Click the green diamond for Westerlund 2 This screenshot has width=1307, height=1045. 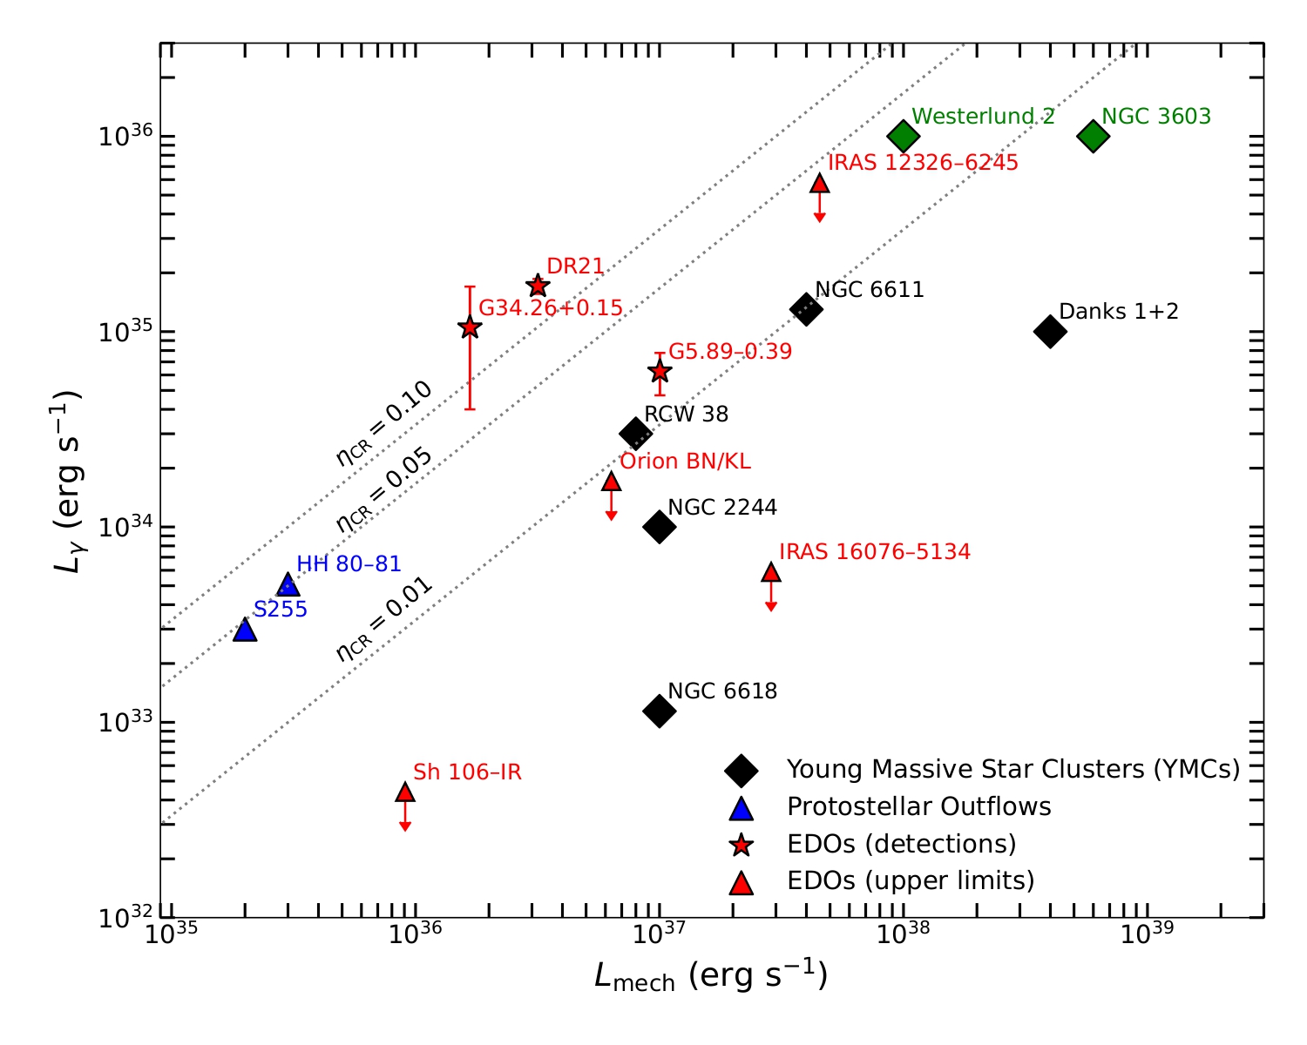(x=904, y=136)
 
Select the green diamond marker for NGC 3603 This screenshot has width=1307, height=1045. (x=1093, y=136)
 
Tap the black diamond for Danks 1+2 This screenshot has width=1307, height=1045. (x=1050, y=331)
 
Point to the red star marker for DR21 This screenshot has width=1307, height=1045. (x=538, y=286)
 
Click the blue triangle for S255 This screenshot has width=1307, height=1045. (x=245, y=630)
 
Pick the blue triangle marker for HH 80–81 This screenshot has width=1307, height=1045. (x=288, y=585)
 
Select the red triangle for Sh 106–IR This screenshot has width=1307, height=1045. (x=405, y=792)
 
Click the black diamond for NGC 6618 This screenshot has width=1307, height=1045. (x=660, y=711)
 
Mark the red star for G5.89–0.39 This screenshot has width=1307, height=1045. (x=660, y=371)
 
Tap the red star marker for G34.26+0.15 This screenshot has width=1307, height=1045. (x=470, y=327)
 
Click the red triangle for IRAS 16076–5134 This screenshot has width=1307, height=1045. (x=771, y=572)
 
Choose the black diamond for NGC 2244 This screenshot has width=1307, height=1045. (x=660, y=526)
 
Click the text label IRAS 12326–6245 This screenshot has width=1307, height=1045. (x=923, y=163)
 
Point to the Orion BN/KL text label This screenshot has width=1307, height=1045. (x=685, y=462)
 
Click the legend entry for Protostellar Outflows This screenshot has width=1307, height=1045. (x=918, y=807)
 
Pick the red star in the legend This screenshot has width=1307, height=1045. (x=742, y=845)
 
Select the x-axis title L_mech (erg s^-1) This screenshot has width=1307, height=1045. (x=711, y=977)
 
